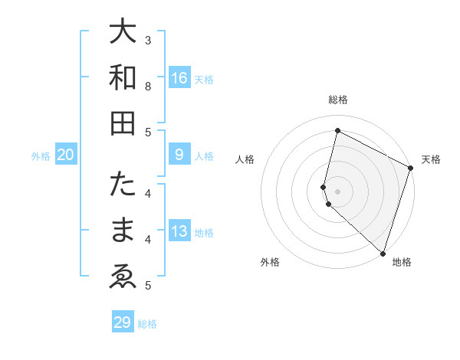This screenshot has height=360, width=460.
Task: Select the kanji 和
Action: pyautogui.click(x=123, y=77)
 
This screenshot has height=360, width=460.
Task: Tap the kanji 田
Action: pyautogui.click(x=123, y=123)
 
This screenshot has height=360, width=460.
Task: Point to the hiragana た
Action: pyautogui.click(x=123, y=185)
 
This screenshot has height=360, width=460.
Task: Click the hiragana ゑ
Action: pyautogui.click(x=123, y=277)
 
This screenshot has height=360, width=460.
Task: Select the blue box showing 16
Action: pyautogui.click(x=179, y=77)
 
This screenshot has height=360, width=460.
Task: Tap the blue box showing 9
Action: pyautogui.click(x=179, y=155)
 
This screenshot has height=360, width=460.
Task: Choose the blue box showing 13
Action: pyautogui.click(x=179, y=231)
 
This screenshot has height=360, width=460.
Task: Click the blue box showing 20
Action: pyautogui.click(x=66, y=155)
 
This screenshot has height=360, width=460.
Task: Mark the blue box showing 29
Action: pyautogui.click(x=122, y=322)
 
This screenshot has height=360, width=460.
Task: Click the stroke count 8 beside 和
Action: pyautogui.click(x=148, y=86)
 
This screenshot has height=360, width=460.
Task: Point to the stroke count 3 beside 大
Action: pyautogui.click(x=148, y=40)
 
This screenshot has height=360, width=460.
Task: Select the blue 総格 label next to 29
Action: pyautogui.click(x=148, y=324)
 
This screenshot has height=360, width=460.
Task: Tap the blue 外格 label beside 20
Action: pyautogui.click(x=41, y=156)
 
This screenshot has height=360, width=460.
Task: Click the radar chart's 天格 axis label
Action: pyautogui.click(x=431, y=159)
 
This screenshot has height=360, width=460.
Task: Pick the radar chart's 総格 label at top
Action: pyautogui.click(x=338, y=100)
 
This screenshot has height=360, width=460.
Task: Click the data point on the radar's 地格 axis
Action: pyautogui.click(x=383, y=254)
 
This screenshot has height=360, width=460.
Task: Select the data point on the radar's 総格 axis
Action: pyautogui.click(x=337, y=131)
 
